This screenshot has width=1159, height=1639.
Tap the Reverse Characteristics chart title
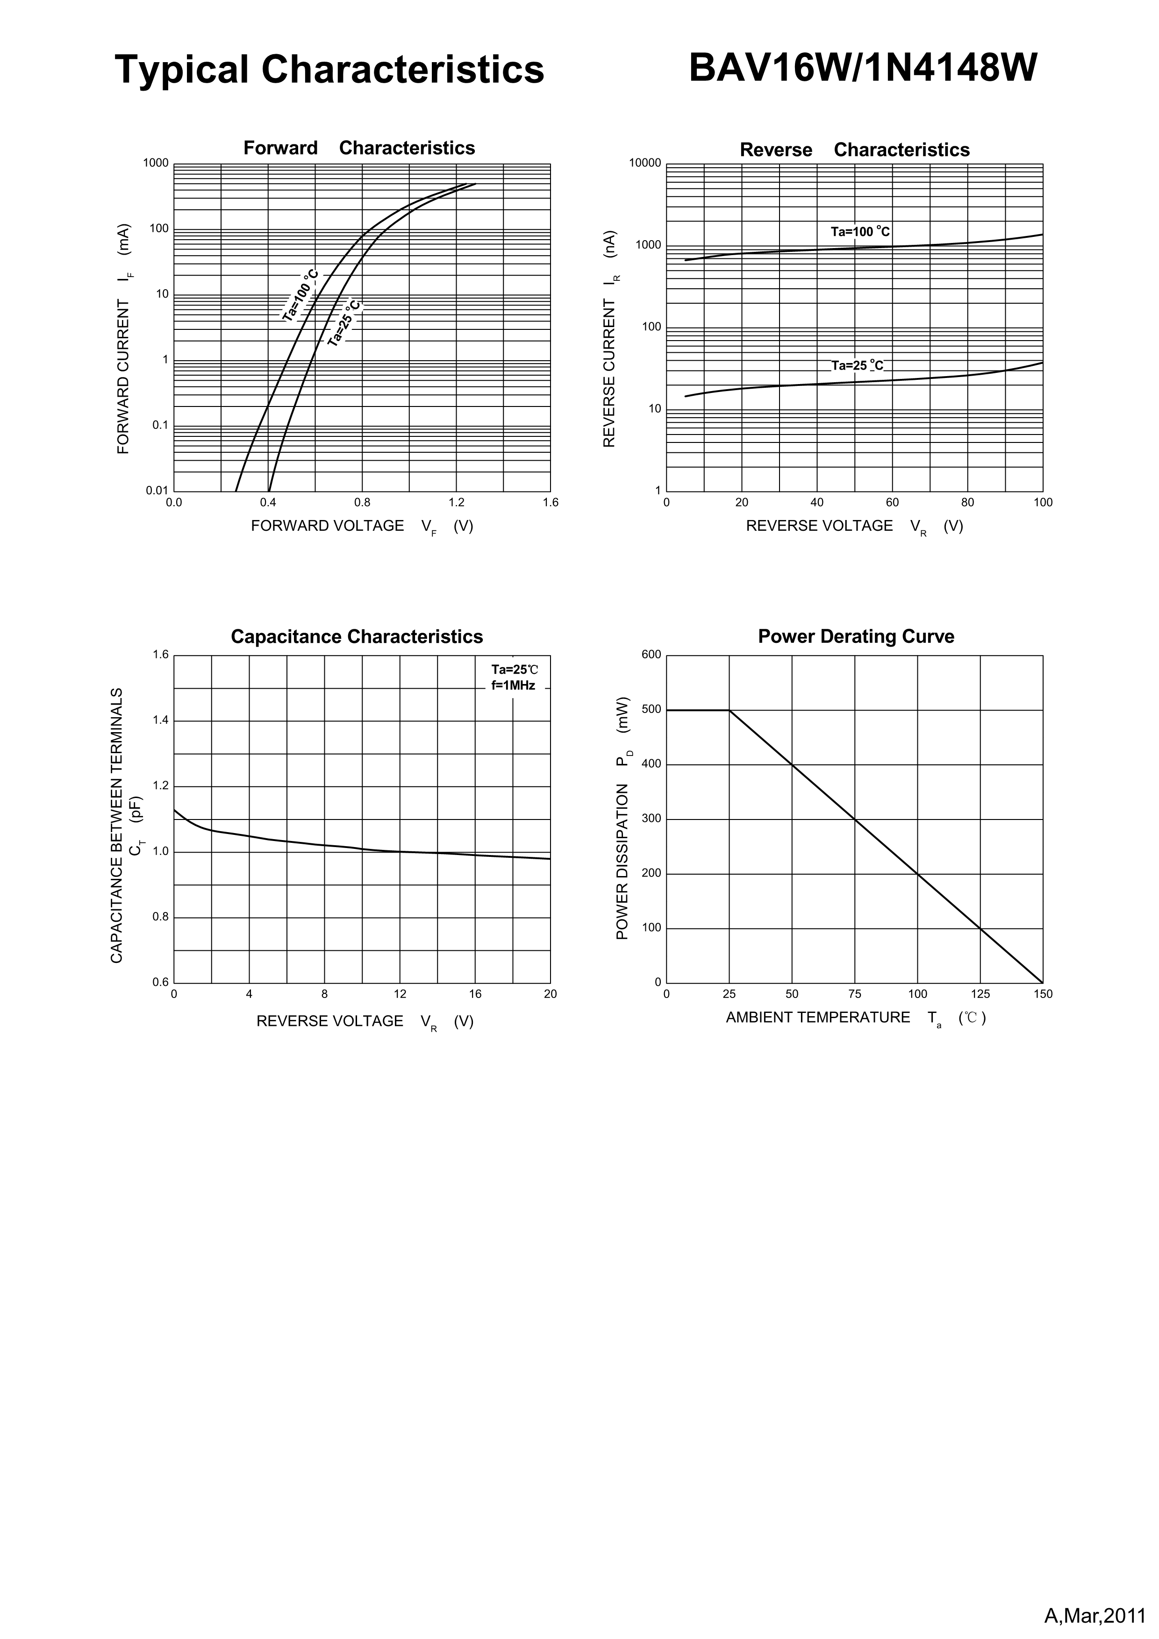click(x=854, y=150)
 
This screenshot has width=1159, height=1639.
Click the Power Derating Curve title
click(x=856, y=637)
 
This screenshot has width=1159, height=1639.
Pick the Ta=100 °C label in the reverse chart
click(x=860, y=232)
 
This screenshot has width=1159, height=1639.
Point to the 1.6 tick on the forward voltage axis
click(x=550, y=503)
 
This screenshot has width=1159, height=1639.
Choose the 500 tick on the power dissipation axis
click(x=652, y=710)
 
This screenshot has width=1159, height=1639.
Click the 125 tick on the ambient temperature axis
click(x=980, y=994)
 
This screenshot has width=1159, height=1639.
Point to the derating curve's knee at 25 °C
click(x=729, y=710)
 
